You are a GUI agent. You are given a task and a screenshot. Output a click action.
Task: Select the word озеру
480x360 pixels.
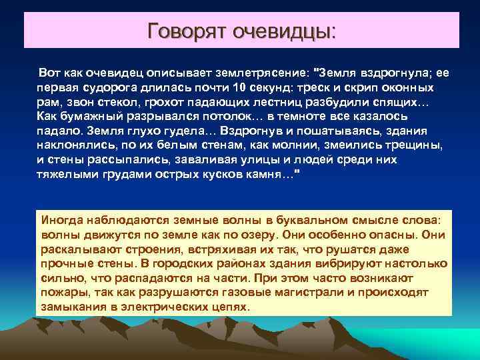[x=257, y=235]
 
